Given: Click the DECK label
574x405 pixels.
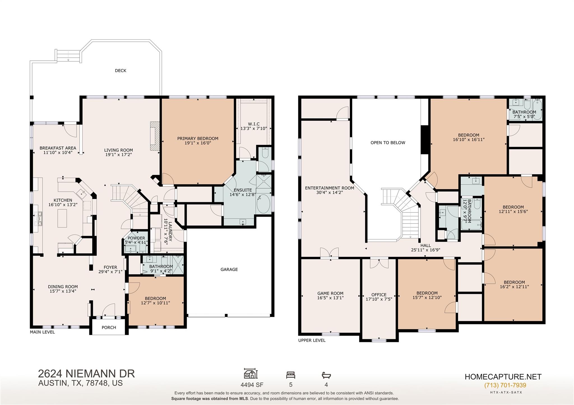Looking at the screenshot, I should [121, 71].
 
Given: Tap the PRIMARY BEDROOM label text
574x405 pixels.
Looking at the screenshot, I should [198, 138].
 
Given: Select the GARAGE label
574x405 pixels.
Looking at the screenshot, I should [229, 269].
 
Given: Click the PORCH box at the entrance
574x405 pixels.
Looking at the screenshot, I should [109, 327].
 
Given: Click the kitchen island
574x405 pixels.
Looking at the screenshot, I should [62, 218].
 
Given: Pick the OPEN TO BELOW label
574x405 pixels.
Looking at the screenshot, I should [388, 142].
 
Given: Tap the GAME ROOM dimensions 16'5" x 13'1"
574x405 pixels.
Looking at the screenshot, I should [330, 298].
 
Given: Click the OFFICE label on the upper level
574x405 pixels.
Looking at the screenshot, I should [379, 294].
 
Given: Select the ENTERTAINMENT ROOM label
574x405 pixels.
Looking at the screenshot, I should [329, 188].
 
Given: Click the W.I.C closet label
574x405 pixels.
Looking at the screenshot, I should [254, 124].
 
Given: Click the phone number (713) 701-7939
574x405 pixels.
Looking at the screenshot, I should [505, 385].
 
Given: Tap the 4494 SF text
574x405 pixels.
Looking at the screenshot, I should [252, 385].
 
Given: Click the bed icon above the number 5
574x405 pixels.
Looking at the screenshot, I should [290, 375].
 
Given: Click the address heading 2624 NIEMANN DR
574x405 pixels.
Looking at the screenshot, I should [86, 374].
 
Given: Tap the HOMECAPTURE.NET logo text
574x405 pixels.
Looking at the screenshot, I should [503, 377].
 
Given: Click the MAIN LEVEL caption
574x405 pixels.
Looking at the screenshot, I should [42, 332].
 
